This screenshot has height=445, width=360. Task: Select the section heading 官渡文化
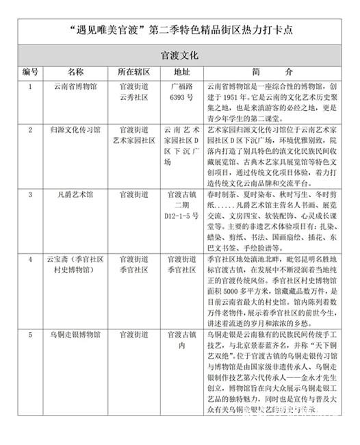(180, 55)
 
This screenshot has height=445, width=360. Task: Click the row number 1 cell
(30, 87)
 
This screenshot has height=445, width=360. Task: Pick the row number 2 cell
(30, 129)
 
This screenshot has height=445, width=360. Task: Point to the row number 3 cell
(30, 194)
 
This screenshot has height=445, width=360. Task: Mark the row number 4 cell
(30, 259)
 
